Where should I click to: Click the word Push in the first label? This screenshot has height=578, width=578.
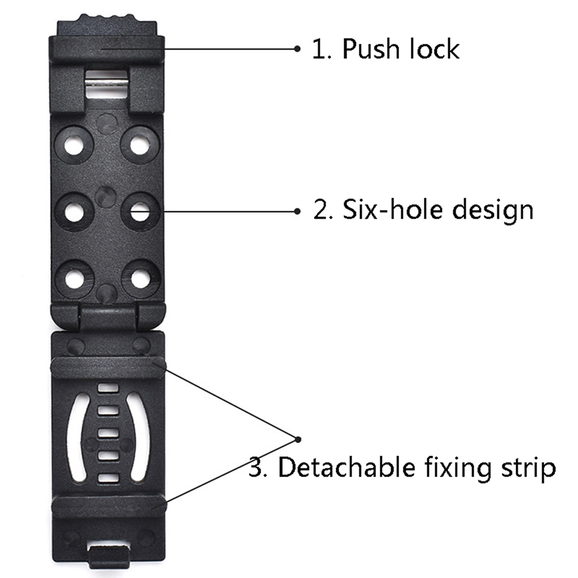tap(371, 48)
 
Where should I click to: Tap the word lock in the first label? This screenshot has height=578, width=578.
tap(435, 48)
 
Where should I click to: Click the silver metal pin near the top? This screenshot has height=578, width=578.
tap(106, 84)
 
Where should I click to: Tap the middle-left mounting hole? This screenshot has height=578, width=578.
tap(74, 212)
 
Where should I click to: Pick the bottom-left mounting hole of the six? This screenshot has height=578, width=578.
tap(74, 278)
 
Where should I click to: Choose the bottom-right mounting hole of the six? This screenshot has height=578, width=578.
tap(140, 278)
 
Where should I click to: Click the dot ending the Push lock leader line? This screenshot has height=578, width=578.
tap(298, 48)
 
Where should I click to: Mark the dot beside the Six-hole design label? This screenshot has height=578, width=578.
tap(298, 211)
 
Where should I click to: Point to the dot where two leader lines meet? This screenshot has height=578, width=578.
tap(298, 439)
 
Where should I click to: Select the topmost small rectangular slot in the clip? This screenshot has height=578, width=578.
tap(108, 388)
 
